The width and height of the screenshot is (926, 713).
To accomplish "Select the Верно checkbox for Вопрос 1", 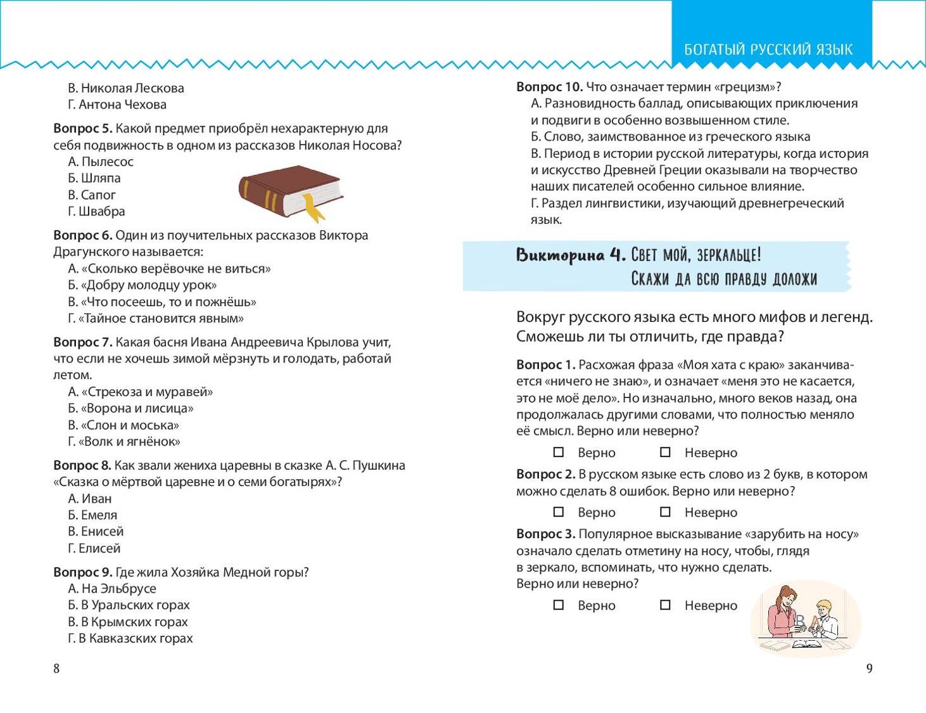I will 559,453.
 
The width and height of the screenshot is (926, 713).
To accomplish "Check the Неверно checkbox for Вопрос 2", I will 665,512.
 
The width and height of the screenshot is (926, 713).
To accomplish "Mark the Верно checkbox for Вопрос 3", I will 559,605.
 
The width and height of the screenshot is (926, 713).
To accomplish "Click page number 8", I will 56,668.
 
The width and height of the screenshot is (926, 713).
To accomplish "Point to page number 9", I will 869,668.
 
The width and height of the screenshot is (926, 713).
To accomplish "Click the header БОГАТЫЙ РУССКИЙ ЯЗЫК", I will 768,49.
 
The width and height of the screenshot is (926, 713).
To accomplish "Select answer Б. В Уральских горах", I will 129,605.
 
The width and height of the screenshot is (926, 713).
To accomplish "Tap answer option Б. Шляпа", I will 94,178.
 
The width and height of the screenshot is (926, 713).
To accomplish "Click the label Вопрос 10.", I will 549,87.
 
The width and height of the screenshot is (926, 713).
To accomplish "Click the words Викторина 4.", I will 571,255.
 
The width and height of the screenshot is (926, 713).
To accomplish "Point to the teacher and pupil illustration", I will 804,619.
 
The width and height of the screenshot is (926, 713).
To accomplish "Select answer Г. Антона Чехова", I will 118,105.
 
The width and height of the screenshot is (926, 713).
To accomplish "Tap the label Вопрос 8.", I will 82,465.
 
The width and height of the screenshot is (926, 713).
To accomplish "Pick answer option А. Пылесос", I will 101,162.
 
